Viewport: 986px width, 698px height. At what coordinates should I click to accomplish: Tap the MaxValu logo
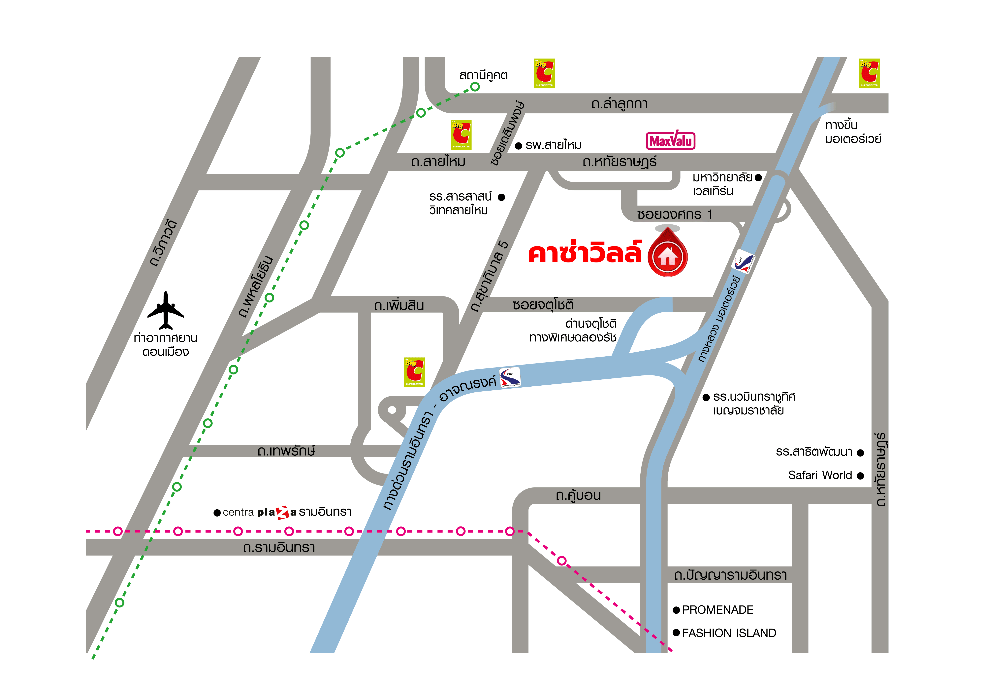670,140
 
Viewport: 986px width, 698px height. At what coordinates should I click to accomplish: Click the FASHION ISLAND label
729,633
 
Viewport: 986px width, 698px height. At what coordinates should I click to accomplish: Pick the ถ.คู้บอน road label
578,496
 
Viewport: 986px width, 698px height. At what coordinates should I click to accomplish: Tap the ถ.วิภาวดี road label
163,243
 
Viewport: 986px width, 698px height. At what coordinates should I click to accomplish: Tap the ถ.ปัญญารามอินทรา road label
730,575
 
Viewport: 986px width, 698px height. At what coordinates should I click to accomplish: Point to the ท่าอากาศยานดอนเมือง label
166,345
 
